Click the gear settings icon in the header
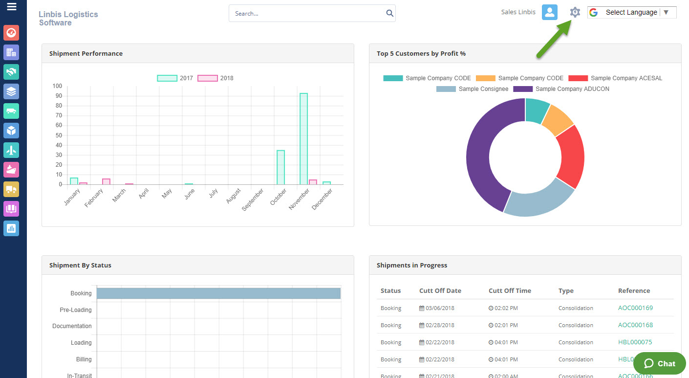pos(575,12)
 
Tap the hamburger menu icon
pos(12,6)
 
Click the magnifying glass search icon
pos(389,13)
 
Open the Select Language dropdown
pos(632,12)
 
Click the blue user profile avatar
pos(550,12)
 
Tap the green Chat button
pos(659,363)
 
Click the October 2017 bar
pos(280,167)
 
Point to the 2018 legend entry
pos(215,78)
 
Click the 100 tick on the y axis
pos(57,86)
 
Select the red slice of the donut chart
pos(571,156)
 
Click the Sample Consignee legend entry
pos(473,89)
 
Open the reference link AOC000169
pos(635,308)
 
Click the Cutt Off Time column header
pos(510,290)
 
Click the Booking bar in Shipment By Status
pos(218,293)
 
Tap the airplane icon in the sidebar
pos(11,150)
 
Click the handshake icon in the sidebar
pos(11,72)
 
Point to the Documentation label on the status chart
pos(72,326)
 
